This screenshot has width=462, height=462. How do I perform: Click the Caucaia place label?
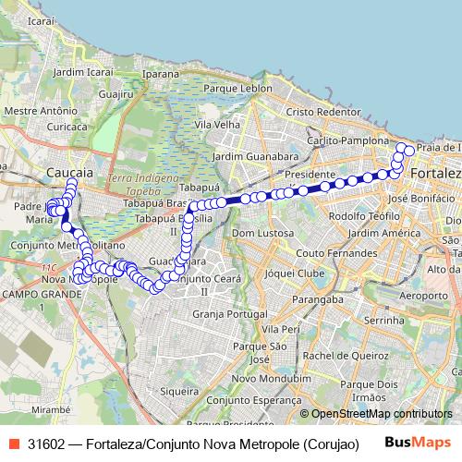pyautogui.click(x=68, y=173)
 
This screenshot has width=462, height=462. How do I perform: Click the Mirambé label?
pyautogui.click(x=51, y=407)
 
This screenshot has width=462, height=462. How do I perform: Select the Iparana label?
pyautogui.click(x=160, y=73)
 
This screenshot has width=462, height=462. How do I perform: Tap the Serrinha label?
pyautogui.click(x=383, y=319)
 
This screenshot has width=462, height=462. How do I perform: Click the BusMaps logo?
pyautogui.click(x=419, y=442)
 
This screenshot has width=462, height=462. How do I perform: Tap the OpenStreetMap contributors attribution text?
pyautogui.click(x=382, y=414)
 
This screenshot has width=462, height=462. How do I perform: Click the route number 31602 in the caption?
pyautogui.click(x=45, y=443)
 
